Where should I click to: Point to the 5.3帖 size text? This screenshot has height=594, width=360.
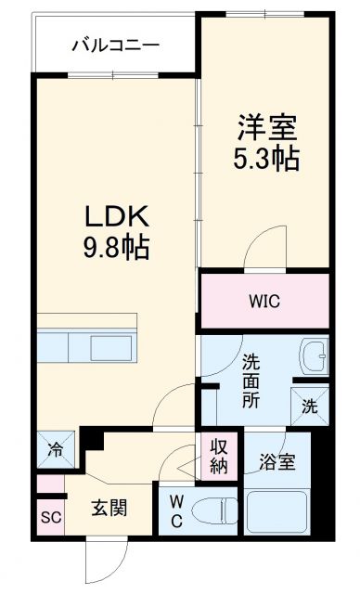[x=265, y=158]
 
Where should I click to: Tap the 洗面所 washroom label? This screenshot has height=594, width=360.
[x=251, y=381]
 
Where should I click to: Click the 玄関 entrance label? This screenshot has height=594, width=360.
[x=109, y=508]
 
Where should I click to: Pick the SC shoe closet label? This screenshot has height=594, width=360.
[x=50, y=518]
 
